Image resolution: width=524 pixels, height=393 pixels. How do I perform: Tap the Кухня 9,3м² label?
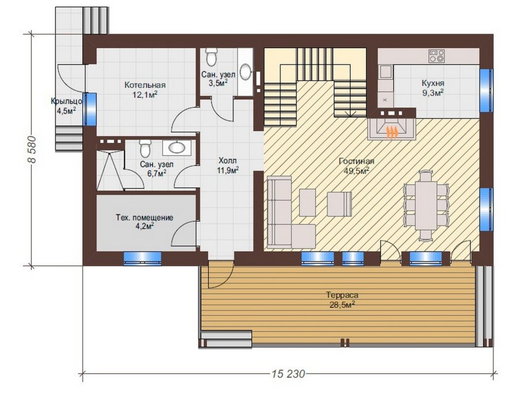click(433, 87)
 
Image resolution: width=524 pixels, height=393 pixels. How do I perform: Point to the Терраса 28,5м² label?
click(342, 300)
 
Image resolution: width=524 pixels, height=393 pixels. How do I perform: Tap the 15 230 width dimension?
click(288, 373)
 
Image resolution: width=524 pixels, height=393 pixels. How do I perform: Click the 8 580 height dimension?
click(31, 149)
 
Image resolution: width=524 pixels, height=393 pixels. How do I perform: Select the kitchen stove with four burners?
click(437, 56)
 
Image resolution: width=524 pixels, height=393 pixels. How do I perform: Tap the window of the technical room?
click(142, 258)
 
